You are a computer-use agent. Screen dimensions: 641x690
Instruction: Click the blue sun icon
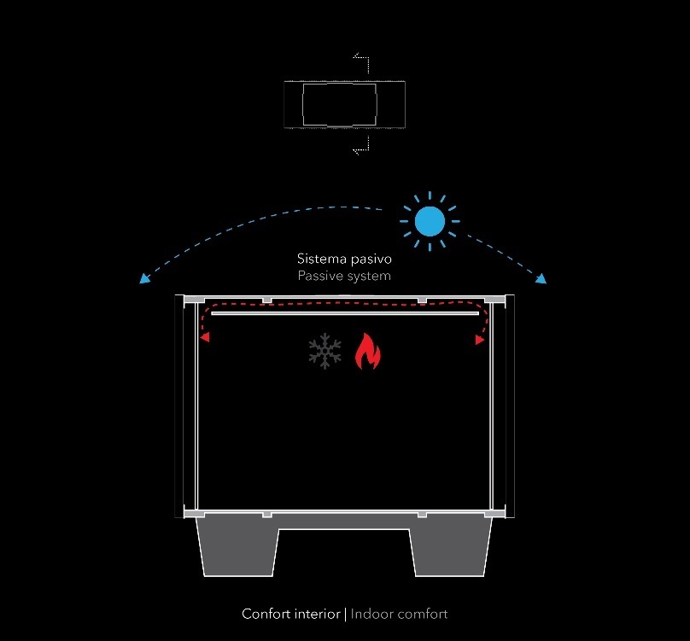pos(430,221)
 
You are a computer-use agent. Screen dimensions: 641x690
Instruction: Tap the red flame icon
pos(367,352)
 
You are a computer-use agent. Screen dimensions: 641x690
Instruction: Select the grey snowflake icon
pos(325,353)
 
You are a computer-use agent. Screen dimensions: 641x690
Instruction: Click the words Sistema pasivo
pos(344,258)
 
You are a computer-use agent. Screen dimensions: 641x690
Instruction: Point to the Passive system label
pos(344,276)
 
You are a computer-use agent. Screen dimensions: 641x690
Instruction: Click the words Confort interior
pos(290,614)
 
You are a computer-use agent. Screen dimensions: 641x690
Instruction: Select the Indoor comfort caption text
pos(399,614)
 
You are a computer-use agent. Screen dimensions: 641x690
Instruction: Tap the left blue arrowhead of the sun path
pos(143,279)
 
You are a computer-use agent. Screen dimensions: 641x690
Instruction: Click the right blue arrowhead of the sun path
pos(541,278)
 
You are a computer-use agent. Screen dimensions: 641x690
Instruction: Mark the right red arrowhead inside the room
pos(480,340)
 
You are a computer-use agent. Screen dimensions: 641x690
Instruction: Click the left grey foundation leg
pos(237,546)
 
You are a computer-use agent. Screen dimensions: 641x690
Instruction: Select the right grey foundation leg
pos(451,546)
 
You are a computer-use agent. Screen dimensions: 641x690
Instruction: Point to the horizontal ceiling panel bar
pos(344,314)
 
